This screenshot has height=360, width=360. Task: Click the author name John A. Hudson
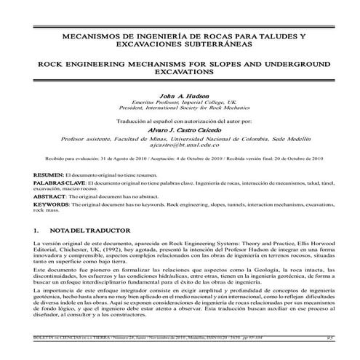[x=179, y=95]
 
